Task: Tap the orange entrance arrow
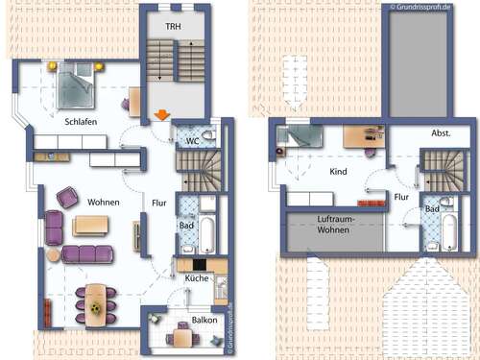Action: point(162,116)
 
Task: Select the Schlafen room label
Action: point(81,123)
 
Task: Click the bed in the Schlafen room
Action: point(77,84)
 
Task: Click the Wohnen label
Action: point(104,203)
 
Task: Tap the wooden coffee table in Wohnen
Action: point(91,226)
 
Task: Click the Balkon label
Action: point(203,320)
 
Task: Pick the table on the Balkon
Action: point(182,336)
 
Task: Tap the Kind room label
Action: point(337,173)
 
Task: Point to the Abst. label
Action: point(442,133)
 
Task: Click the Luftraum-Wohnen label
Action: point(333,226)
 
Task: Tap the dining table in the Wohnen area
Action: point(96,300)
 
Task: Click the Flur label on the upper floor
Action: point(402,197)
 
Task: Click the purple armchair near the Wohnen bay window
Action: point(67,198)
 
